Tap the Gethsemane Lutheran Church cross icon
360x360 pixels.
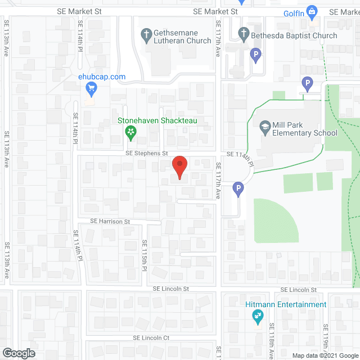tap(146, 35)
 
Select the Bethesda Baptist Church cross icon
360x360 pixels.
tap(244, 35)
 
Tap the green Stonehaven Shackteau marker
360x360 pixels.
tap(130, 133)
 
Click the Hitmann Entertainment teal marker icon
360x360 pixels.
tap(257, 317)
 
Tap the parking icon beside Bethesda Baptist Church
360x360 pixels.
tap(256, 56)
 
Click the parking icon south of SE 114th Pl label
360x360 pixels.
tap(238, 190)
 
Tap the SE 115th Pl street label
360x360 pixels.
tap(144, 255)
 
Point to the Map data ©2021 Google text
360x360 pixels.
tap(325, 355)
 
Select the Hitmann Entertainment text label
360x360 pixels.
tap(286, 304)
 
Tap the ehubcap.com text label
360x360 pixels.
tap(102, 77)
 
